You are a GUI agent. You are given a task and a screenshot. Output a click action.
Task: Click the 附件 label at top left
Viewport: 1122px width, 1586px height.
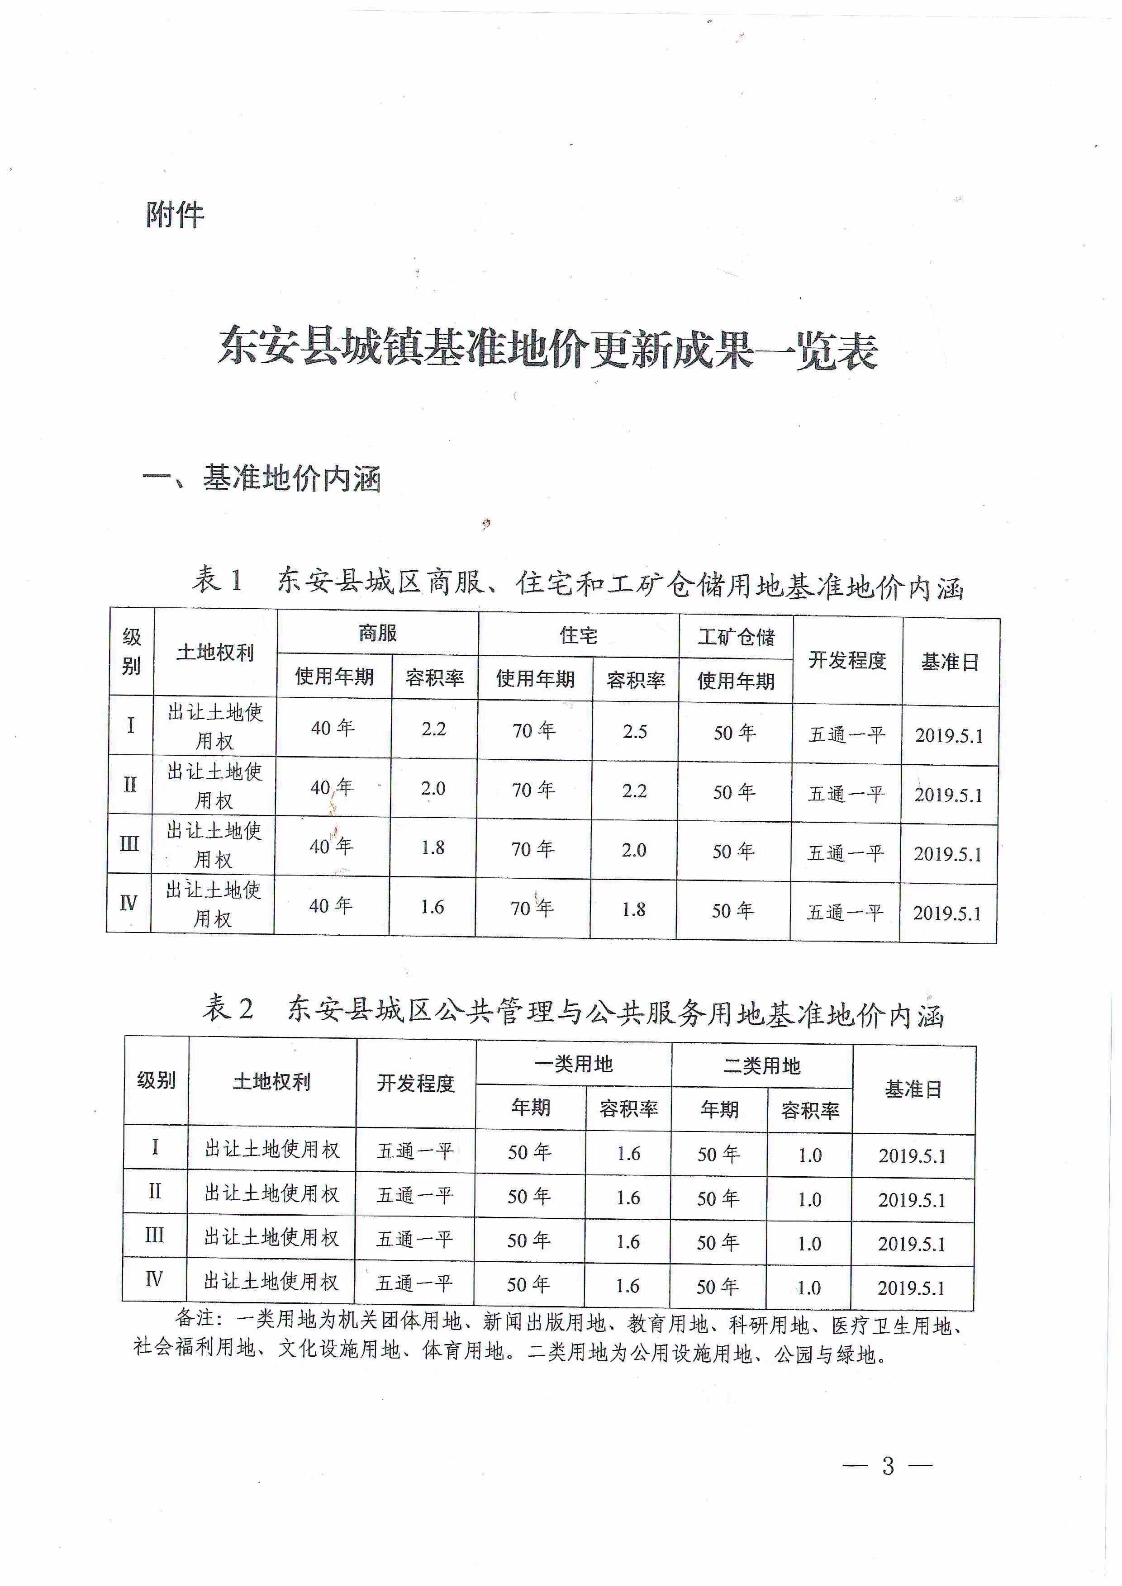(x=175, y=215)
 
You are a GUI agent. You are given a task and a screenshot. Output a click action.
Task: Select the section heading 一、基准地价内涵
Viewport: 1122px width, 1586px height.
(x=262, y=478)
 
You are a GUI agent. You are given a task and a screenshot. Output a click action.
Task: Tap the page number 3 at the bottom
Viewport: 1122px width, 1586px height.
(x=888, y=1465)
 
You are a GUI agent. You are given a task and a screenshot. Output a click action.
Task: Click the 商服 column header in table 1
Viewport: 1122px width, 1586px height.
(x=377, y=633)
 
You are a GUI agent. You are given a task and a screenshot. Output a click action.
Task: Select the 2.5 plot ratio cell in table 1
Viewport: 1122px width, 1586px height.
(x=634, y=732)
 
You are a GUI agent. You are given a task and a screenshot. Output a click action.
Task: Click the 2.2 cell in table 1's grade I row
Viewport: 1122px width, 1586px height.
(x=434, y=729)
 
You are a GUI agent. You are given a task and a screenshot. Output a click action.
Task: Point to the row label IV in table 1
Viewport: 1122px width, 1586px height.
(x=128, y=903)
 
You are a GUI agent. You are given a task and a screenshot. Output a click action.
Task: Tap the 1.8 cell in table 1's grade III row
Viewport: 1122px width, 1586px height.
(x=433, y=847)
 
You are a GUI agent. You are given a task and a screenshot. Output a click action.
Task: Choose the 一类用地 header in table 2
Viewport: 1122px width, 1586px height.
(x=573, y=1065)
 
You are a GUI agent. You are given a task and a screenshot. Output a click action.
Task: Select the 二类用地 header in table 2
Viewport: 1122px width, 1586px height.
(x=761, y=1066)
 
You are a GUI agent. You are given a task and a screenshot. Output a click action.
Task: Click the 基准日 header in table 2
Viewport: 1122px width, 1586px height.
(x=913, y=1089)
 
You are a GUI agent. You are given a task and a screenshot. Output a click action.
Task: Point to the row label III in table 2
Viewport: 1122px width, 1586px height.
(x=154, y=1235)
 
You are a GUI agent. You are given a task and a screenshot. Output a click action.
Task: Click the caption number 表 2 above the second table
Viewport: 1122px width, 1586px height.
(x=228, y=1008)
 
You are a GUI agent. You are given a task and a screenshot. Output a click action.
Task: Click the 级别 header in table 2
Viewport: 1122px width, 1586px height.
(x=156, y=1079)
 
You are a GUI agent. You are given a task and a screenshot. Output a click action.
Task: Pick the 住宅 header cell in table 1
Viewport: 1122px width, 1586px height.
(x=578, y=635)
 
